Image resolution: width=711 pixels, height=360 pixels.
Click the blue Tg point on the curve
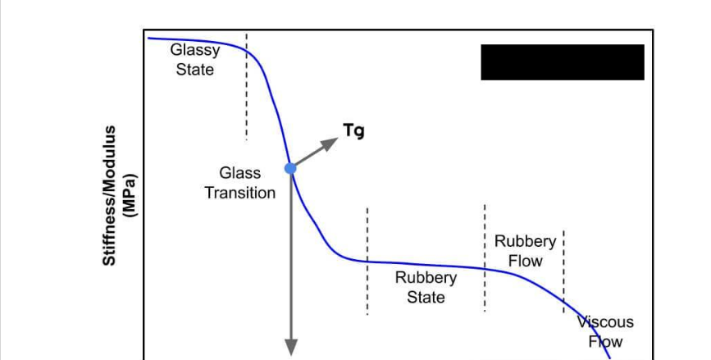[x=289, y=167]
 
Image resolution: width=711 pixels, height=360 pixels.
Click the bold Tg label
[x=353, y=130]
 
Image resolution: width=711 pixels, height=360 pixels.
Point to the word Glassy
[x=194, y=50]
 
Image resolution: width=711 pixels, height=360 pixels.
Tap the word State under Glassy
[x=194, y=70]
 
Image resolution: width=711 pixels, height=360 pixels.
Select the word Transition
[x=239, y=193]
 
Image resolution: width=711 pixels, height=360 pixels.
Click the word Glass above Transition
[x=239, y=173]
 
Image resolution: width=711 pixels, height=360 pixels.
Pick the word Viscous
[x=606, y=322]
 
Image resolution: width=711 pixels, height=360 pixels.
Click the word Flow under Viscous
[x=605, y=342]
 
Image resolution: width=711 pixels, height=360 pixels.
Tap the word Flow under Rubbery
[x=525, y=261]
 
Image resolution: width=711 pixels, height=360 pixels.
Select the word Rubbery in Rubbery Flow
[x=525, y=242]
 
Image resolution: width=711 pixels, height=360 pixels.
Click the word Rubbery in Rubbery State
[x=426, y=277]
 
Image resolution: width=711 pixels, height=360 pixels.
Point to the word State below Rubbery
[x=426, y=297]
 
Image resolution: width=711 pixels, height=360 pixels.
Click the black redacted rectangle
[x=562, y=62]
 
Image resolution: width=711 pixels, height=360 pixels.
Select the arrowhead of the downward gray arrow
[x=290, y=348]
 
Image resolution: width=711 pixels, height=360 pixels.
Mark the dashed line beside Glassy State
[x=245, y=90]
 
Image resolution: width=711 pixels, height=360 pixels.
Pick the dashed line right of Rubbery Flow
[x=563, y=271]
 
